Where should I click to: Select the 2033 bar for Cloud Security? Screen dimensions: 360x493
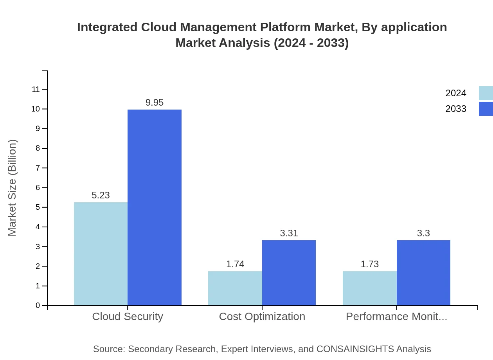click(x=155, y=207)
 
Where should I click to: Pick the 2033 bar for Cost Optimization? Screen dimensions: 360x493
click(x=289, y=273)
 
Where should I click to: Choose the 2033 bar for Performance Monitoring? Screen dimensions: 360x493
click(x=423, y=273)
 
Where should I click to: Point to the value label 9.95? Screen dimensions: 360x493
click(x=155, y=103)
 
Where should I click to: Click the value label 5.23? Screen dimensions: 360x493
click(x=101, y=195)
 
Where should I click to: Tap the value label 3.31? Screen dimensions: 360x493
click(x=289, y=233)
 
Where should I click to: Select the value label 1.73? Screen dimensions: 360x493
click(x=370, y=264)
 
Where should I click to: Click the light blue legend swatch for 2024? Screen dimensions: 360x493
click(x=486, y=93)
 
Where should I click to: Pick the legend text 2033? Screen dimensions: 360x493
click(x=456, y=109)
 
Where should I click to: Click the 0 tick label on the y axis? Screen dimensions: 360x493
click(x=38, y=305)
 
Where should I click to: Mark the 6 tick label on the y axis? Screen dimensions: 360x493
click(x=38, y=187)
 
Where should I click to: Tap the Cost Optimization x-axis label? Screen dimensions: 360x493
click(x=262, y=316)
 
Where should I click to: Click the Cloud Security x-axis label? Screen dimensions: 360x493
click(x=128, y=316)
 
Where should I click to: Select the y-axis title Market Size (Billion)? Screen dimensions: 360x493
click(x=13, y=188)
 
